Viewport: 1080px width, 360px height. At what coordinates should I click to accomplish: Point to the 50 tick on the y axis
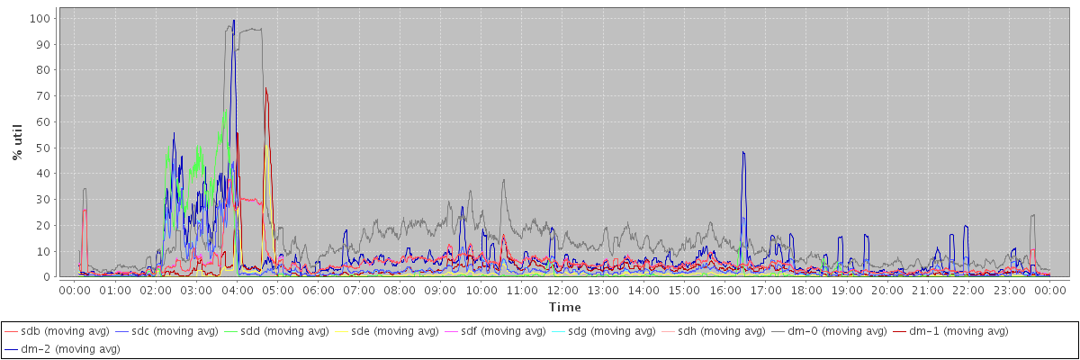click(x=42, y=148)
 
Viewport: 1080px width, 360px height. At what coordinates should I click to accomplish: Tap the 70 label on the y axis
click(x=42, y=95)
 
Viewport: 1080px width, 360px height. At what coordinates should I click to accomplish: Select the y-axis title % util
click(x=17, y=143)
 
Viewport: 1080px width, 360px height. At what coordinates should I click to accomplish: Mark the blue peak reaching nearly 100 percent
click(x=234, y=22)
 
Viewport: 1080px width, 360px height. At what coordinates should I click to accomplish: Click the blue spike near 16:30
click(x=743, y=153)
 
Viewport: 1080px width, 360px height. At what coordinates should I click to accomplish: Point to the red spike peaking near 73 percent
click(x=265, y=89)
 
